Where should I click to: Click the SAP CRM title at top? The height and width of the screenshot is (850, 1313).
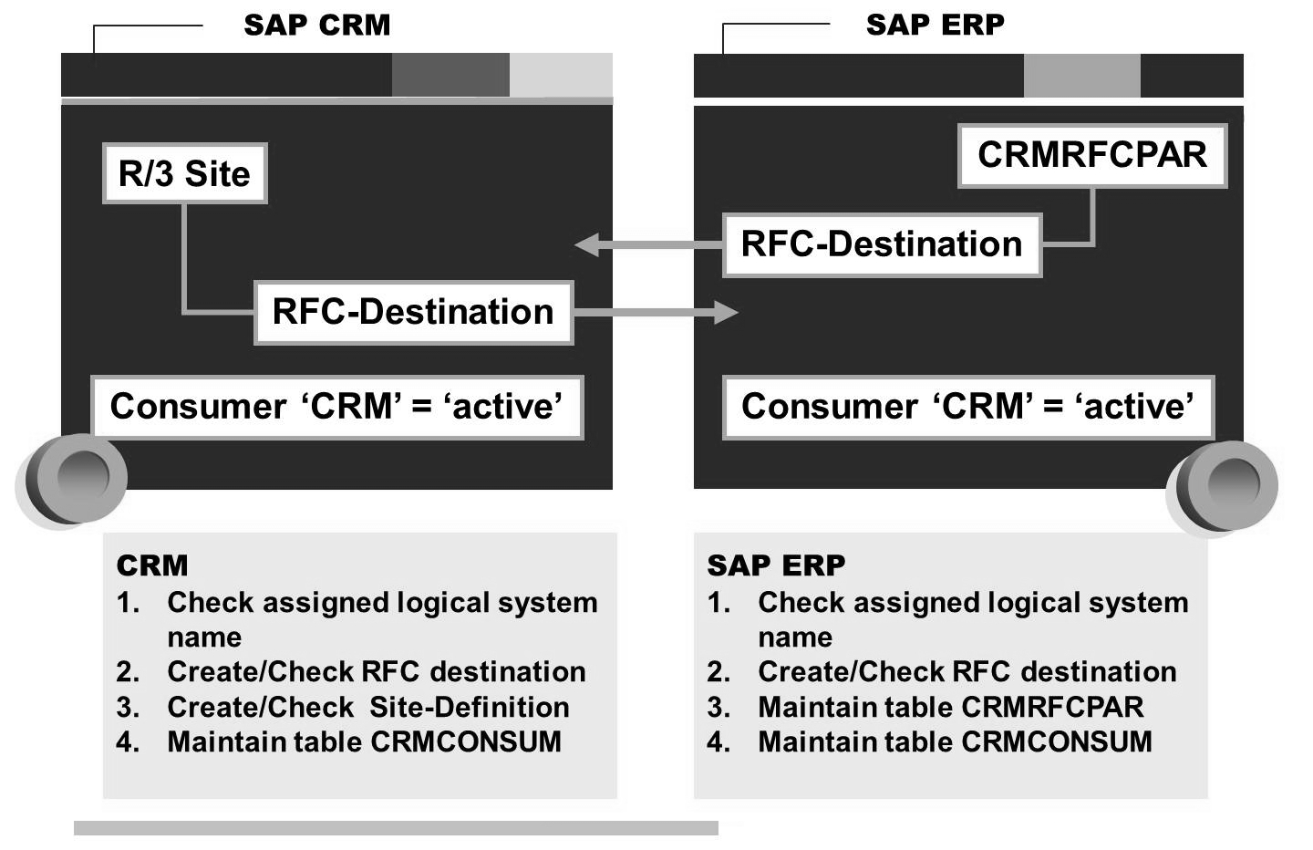click(x=316, y=25)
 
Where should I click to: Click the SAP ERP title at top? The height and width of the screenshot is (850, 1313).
click(x=935, y=25)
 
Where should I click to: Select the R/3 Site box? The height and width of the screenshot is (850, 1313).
click(x=184, y=173)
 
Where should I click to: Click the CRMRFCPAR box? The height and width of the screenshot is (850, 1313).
click(x=1091, y=155)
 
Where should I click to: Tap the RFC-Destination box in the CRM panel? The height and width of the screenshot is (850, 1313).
click(x=413, y=312)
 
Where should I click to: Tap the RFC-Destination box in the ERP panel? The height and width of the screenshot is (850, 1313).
click(x=882, y=244)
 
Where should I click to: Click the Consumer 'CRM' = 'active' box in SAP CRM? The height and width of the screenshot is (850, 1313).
click(x=336, y=407)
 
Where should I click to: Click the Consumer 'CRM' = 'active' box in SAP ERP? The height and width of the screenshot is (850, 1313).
click(x=967, y=407)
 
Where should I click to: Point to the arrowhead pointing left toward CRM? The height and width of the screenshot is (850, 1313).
click(x=588, y=244)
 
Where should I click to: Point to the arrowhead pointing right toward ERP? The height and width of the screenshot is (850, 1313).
click(x=726, y=313)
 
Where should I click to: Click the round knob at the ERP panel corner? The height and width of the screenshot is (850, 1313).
click(x=1231, y=483)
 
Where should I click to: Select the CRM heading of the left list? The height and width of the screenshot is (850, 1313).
click(x=152, y=565)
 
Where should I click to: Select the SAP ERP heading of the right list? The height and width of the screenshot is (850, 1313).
click(x=776, y=565)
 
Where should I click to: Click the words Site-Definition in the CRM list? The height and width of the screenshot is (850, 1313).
click(x=469, y=707)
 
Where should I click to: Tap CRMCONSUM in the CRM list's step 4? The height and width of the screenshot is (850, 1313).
click(x=466, y=741)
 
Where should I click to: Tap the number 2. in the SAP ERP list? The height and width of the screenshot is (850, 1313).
click(x=719, y=672)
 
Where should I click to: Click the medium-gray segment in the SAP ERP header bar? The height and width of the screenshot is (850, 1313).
click(x=1081, y=76)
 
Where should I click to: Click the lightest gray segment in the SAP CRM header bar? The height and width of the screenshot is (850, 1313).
click(x=561, y=75)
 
